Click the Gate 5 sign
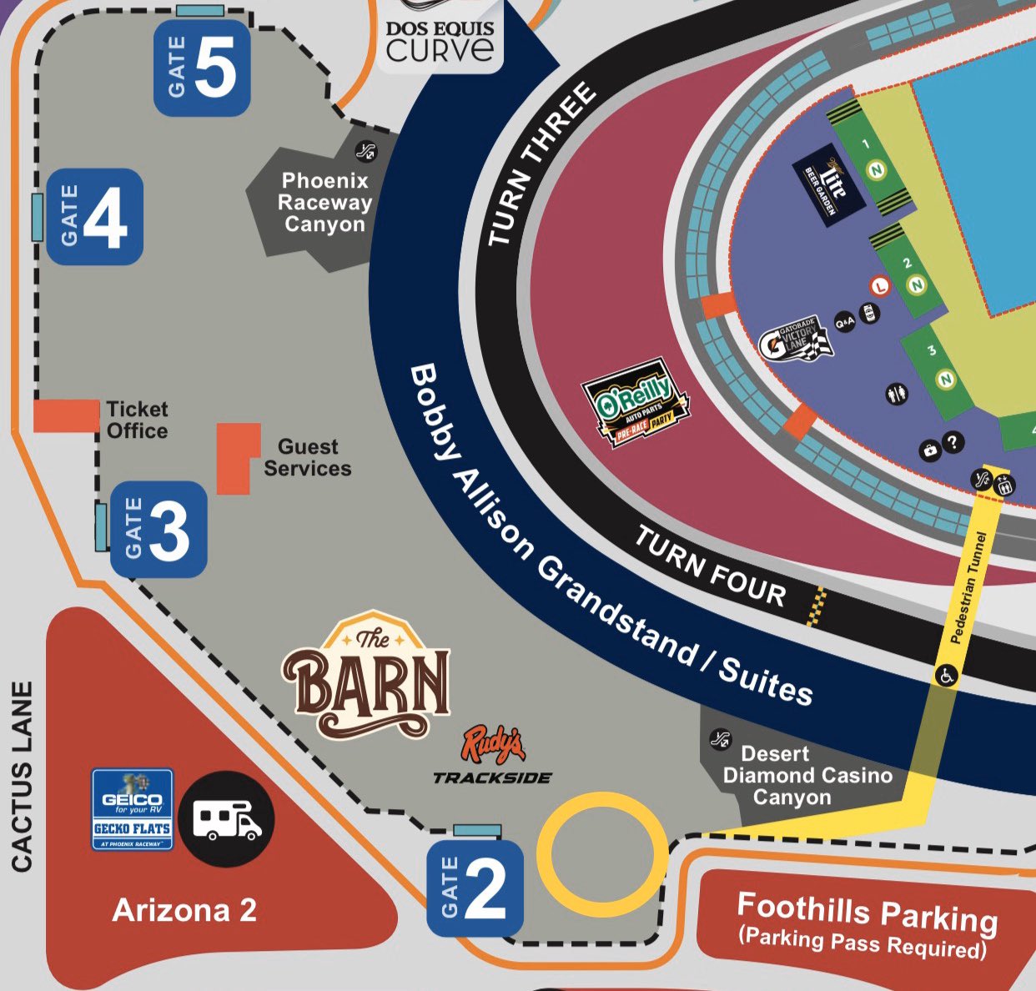[202, 68]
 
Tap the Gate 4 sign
[94, 217]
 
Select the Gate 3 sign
[158, 529]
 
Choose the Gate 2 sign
[475, 888]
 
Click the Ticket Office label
[137, 420]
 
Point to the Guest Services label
[307, 458]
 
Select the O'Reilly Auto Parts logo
[636, 403]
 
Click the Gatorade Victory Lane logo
[795, 339]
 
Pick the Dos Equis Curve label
[440, 41]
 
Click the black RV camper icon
[227, 818]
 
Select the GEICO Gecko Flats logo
[132, 809]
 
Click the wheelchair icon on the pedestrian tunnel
[946, 675]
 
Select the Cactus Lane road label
[23, 777]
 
